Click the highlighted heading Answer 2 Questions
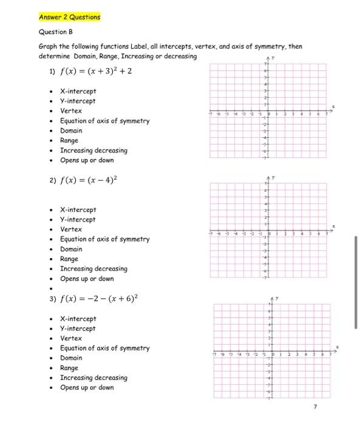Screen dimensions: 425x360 coord(69,17)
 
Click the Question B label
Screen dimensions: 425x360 coord(55,32)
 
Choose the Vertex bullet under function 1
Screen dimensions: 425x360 coord(70,111)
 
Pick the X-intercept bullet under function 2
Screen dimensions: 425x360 coord(78,209)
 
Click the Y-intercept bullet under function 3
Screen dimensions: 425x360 coord(78,328)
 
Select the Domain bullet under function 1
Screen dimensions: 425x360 coord(71,131)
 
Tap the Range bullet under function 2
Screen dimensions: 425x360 coord(69,259)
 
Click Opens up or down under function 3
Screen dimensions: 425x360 coord(86,387)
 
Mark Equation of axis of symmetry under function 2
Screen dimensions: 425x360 coord(104,239)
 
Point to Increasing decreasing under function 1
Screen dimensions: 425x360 coord(93,151)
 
